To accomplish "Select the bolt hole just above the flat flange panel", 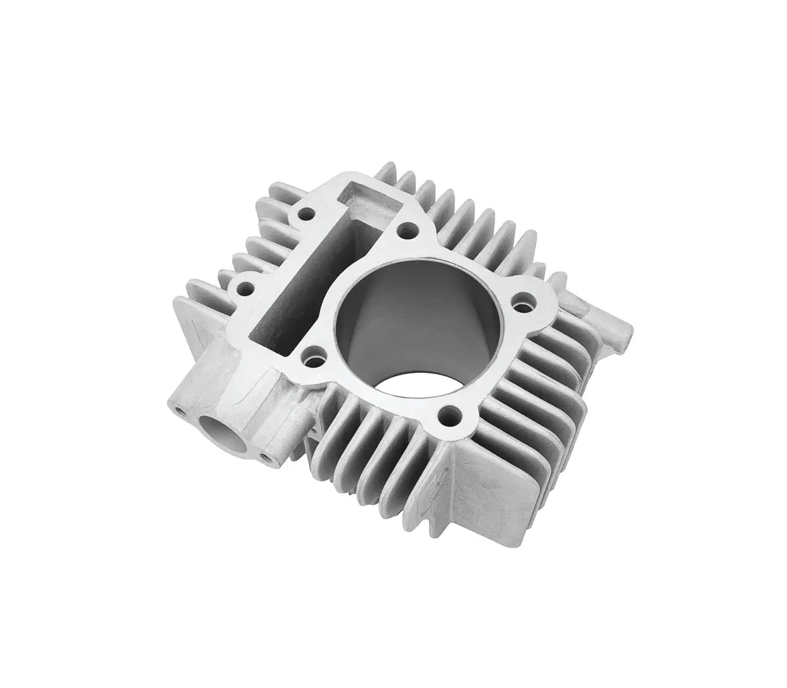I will tap(449, 414).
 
